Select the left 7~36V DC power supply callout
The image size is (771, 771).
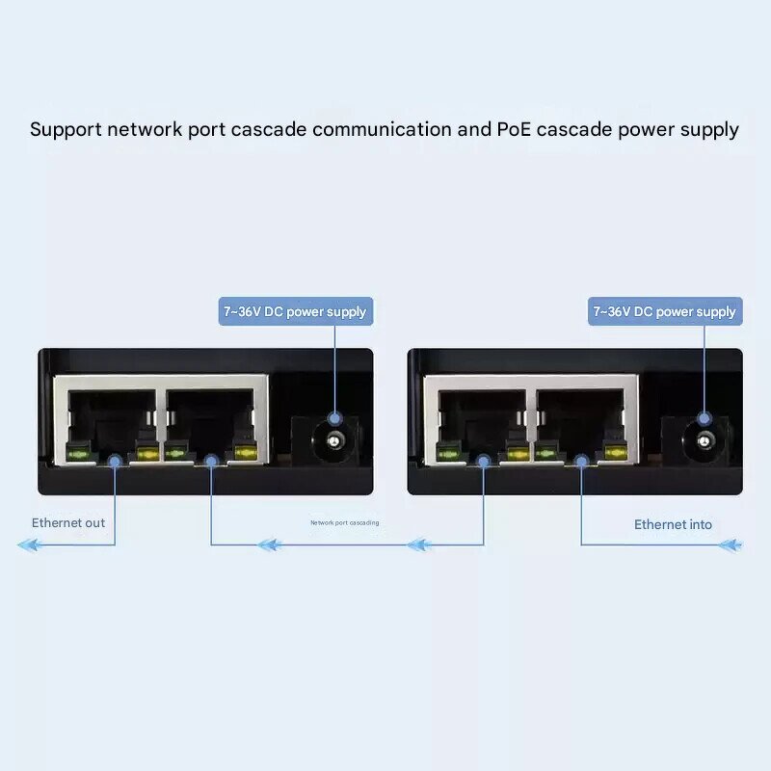click(296, 311)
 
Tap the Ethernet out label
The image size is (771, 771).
click(67, 523)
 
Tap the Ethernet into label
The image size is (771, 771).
click(673, 524)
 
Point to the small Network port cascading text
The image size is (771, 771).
click(344, 523)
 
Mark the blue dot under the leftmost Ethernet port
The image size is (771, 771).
click(115, 462)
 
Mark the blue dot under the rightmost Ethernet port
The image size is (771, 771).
click(581, 462)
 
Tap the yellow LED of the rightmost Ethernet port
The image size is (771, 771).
click(615, 451)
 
